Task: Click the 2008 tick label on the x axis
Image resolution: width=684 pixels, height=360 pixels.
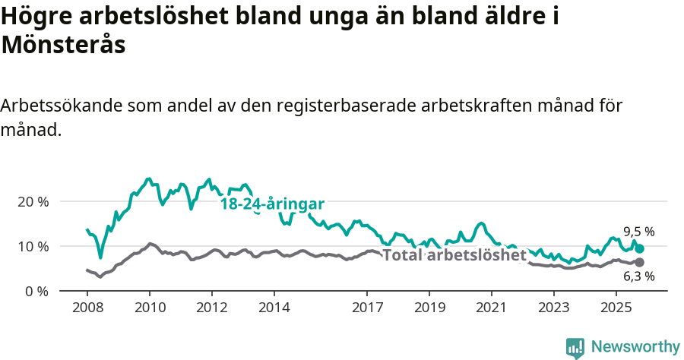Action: [87, 308]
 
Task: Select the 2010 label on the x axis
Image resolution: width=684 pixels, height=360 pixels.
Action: [149, 308]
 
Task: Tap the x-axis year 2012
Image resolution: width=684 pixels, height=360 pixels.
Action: [211, 308]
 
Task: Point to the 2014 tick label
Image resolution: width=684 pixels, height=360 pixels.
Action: [274, 308]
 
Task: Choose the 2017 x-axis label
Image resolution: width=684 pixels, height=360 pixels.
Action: [367, 308]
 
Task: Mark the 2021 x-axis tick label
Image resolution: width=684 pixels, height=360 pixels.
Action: [491, 308]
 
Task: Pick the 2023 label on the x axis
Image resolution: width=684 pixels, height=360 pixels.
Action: [553, 308]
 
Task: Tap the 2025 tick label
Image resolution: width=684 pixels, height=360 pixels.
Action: [616, 308]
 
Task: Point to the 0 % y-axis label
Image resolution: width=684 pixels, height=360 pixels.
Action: [37, 292]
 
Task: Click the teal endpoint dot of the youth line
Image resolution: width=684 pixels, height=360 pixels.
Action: [640, 248]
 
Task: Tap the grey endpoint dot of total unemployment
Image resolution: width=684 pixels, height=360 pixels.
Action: [640, 263]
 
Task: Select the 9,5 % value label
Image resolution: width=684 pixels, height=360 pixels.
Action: [638, 232]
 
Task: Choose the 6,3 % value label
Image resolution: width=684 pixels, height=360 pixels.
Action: [638, 277]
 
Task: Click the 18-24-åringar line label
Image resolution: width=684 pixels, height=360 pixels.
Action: [272, 204]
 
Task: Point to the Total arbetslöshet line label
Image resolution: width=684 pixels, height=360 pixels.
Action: [454, 255]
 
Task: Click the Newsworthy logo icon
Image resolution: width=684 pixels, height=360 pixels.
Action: [575, 347]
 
